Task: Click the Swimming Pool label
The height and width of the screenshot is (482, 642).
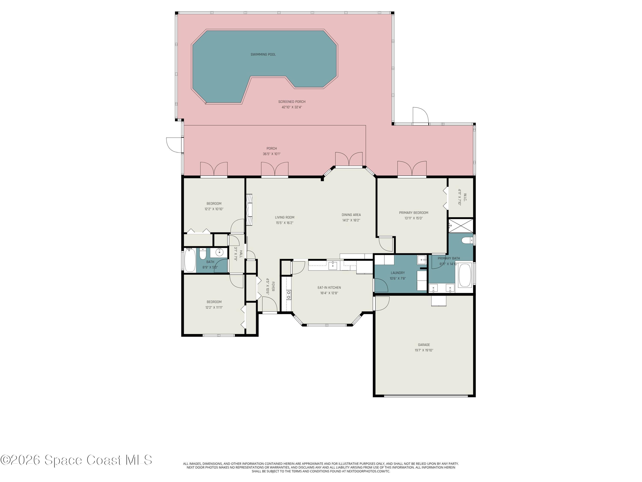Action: coord(263,55)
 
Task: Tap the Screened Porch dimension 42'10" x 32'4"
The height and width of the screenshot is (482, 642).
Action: coord(292,107)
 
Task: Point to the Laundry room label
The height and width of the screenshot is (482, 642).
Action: coord(398,273)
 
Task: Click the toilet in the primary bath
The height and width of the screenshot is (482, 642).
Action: coord(466,241)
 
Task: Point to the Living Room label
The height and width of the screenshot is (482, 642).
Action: coord(284,217)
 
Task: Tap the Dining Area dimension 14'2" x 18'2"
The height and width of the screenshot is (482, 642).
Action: coord(351,220)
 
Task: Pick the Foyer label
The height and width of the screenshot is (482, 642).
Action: coord(273,286)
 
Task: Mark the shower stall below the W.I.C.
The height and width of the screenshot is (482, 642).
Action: coord(461,225)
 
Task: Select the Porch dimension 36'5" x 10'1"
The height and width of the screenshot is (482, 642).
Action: coord(272,154)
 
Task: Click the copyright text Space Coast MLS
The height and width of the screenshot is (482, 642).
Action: coord(76,460)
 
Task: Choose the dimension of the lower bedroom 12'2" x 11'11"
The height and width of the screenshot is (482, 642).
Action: coord(214,307)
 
